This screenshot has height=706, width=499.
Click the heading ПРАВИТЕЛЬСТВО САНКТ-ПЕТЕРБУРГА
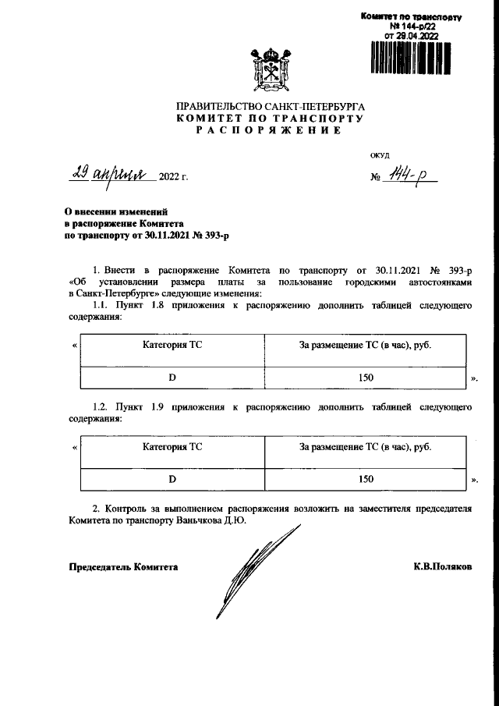pyautogui.click(x=270, y=105)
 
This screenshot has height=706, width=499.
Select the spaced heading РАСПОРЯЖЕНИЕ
pyautogui.click(x=270, y=130)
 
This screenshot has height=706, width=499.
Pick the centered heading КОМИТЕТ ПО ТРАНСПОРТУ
pyautogui.click(x=270, y=118)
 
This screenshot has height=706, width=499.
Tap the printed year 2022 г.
pyautogui.click(x=173, y=176)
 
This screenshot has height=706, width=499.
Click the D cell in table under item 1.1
pyautogui.click(x=172, y=377)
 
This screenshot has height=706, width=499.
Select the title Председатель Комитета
pyautogui.click(x=123, y=567)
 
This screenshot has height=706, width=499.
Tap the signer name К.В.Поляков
pyautogui.click(x=442, y=567)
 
